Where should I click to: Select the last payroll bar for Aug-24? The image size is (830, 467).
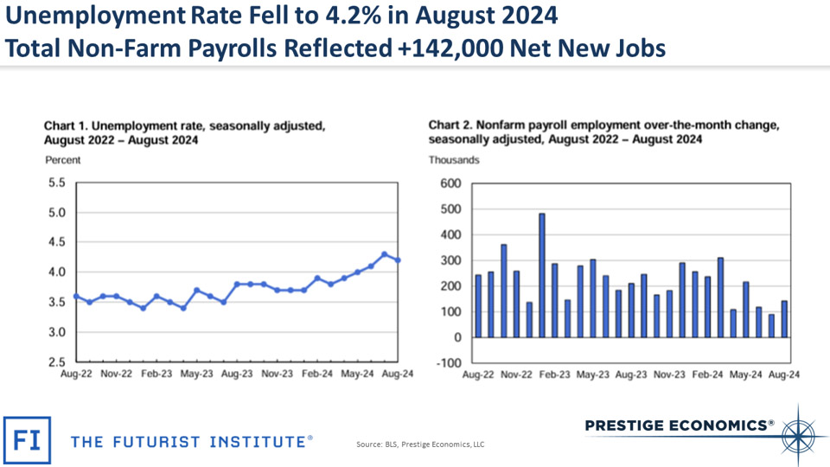tap(785, 319)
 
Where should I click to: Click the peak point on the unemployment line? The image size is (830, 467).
tap(385, 254)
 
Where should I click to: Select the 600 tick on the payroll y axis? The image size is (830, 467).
tap(450, 183)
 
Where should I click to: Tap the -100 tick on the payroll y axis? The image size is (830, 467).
tap(450, 363)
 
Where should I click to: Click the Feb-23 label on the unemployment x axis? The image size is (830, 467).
tap(156, 375)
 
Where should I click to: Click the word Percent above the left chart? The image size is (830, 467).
tap(62, 160)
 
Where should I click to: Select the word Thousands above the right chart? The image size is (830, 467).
tap(454, 160)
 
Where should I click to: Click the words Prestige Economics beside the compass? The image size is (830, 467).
tap(680, 425)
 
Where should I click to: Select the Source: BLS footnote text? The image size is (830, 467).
tap(420, 445)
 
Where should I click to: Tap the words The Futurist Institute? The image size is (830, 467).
tap(191, 442)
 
